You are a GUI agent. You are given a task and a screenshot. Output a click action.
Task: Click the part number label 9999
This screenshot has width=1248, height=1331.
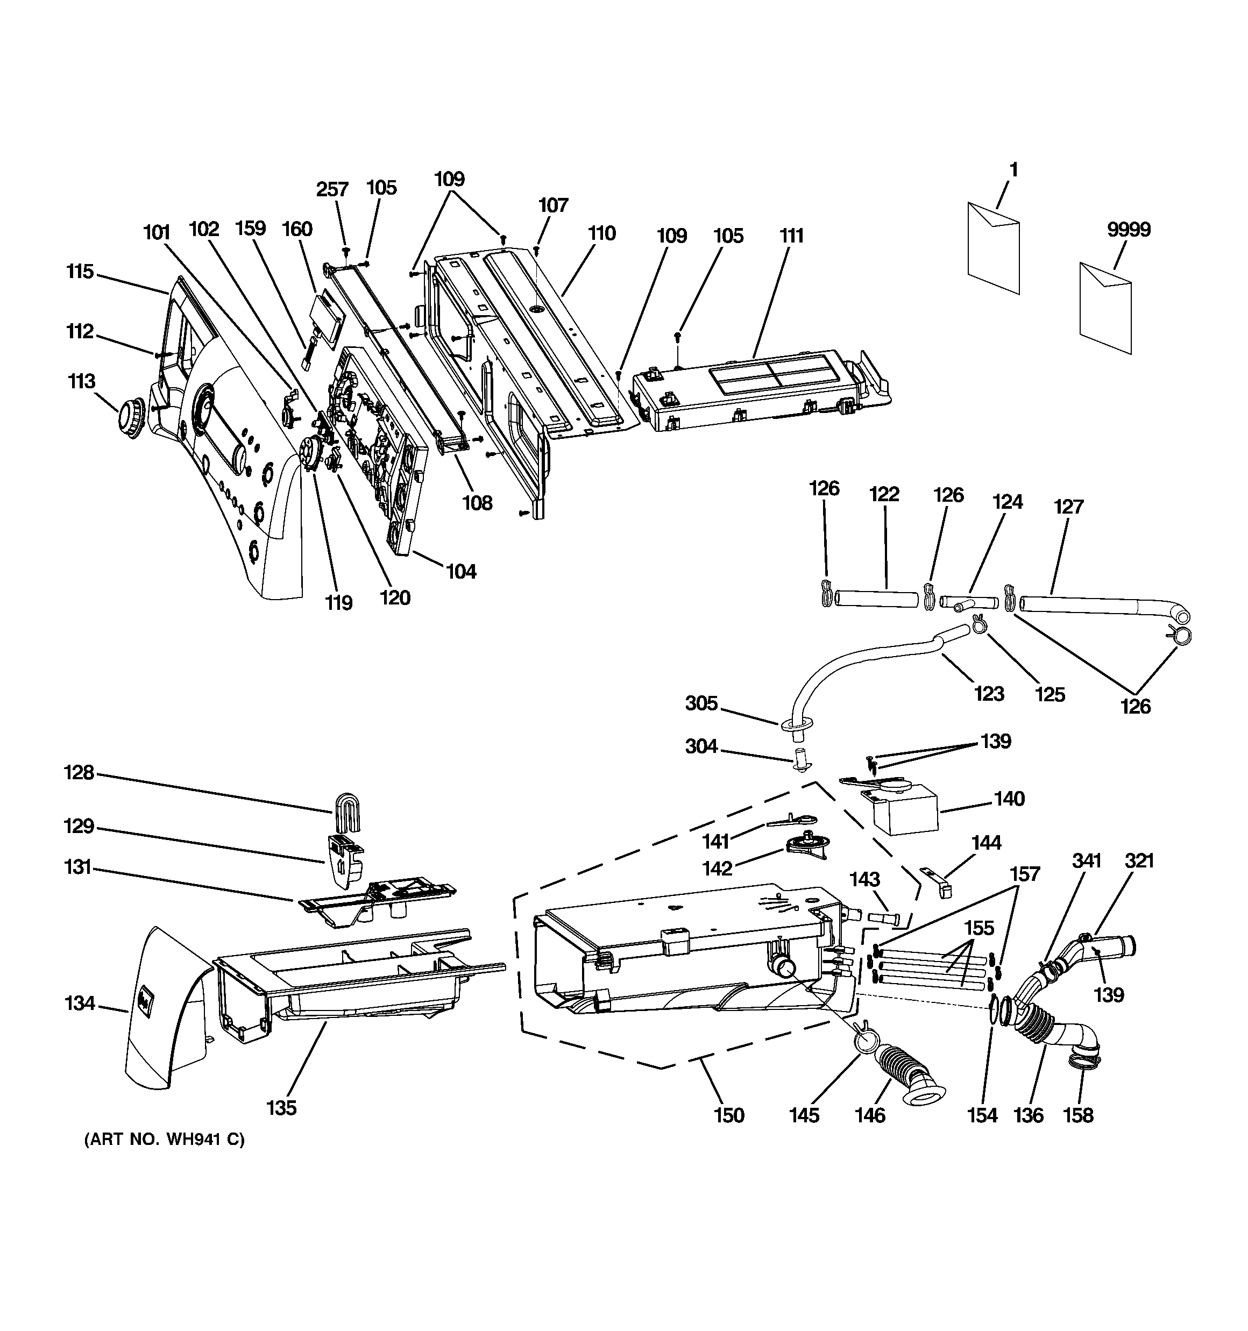[1129, 230]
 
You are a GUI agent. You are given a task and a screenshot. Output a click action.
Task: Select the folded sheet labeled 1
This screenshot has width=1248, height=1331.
[994, 248]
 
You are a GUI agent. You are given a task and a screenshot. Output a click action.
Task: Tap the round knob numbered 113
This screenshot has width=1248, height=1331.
[129, 418]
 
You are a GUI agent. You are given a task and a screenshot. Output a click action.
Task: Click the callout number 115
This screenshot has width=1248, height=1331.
[80, 272]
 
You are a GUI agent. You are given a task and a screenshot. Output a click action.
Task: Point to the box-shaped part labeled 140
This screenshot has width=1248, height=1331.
[901, 812]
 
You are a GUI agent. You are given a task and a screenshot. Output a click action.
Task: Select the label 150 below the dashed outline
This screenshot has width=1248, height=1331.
[728, 1115]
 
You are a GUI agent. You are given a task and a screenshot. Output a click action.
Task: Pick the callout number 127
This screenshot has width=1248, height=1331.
[1068, 507]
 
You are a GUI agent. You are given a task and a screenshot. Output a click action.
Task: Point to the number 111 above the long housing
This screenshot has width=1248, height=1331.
[791, 236]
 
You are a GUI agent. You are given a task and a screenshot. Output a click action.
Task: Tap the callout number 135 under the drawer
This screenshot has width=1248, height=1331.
[281, 1108]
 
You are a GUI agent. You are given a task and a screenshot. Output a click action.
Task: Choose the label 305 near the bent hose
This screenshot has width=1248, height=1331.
[701, 703]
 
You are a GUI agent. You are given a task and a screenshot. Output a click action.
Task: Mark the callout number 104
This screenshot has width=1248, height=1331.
[461, 571]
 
